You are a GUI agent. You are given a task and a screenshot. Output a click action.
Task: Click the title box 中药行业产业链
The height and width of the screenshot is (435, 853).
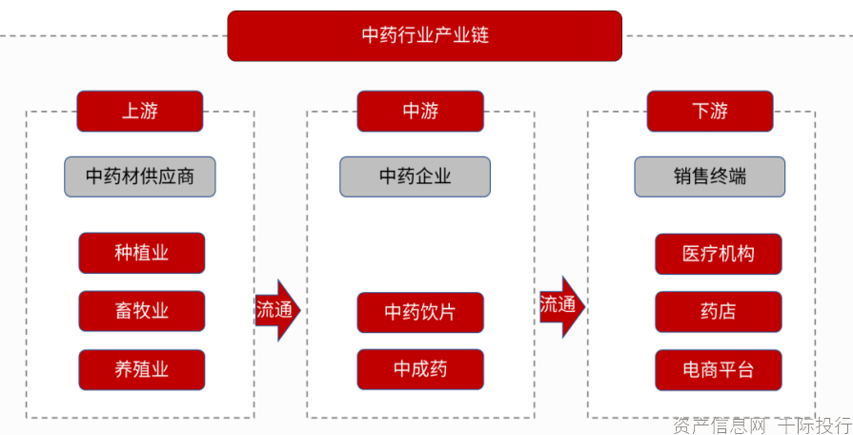pyautogui.click(x=424, y=36)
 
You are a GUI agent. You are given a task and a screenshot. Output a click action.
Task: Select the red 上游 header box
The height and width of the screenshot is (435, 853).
pyautogui.click(x=140, y=112)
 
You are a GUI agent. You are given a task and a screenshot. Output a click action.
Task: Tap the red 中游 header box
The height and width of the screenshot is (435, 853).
pyautogui.click(x=420, y=112)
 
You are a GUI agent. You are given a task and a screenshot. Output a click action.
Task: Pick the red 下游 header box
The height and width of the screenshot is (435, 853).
pyautogui.click(x=710, y=112)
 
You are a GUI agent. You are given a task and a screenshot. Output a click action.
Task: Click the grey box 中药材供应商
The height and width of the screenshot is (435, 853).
pyautogui.click(x=140, y=176)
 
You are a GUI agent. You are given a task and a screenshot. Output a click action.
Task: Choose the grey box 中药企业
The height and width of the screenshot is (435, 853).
pyautogui.click(x=415, y=176)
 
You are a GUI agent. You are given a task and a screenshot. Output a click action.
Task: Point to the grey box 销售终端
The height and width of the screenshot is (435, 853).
pyautogui.click(x=710, y=176)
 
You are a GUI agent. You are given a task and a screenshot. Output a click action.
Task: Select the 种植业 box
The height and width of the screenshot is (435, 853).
pyautogui.click(x=142, y=253)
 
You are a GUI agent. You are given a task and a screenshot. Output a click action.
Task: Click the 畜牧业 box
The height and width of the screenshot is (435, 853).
pyautogui.click(x=142, y=311)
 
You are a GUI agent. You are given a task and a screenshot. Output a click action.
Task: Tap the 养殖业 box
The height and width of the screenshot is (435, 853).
pyautogui.click(x=142, y=370)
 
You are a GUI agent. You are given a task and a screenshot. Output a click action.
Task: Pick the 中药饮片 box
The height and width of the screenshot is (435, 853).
pyautogui.click(x=420, y=313)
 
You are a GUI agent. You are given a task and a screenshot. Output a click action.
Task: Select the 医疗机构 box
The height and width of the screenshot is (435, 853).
pyautogui.click(x=719, y=254)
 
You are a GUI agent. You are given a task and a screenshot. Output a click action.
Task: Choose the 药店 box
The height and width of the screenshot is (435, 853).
pyautogui.click(x=719, y=312)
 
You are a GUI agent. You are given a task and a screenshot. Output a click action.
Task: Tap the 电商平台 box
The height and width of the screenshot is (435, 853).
pyautogui.click(x=719, y=370)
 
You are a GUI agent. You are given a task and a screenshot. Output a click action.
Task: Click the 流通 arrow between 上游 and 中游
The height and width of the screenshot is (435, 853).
pyautogui.click(x=276, y=310)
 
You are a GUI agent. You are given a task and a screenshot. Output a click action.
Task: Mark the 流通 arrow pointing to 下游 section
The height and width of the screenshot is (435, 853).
pyautogui.click(x=561, y=306)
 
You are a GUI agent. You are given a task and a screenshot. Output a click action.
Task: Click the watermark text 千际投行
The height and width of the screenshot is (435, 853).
pyautogui.click(x=814, y=425)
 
